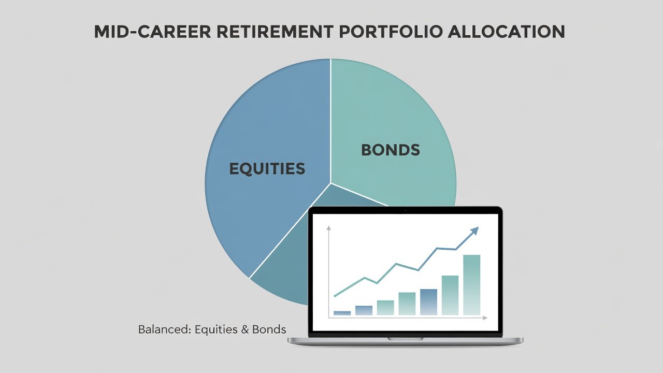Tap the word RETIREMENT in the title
(275, 32)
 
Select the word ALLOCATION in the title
(507, 32)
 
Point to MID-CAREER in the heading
(152, 32)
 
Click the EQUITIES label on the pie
(267, 169)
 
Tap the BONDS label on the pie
(391, 150)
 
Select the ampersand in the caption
(245, 329)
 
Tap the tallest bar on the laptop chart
(471, 285)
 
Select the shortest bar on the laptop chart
(342, 313)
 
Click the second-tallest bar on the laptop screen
(450, 295)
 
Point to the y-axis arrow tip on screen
(328, 227)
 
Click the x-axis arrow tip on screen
(486, 318)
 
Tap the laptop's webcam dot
(405, 211)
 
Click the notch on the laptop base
(405, 339)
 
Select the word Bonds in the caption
(269, 329)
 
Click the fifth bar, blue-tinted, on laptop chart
(428, 302)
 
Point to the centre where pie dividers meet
(330, 183)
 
